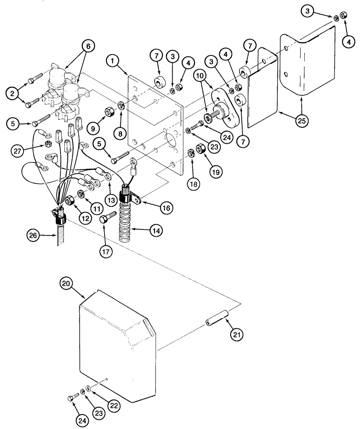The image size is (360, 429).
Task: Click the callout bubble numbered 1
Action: coord(114,62)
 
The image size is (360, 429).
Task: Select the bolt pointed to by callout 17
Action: coord(107,217)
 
